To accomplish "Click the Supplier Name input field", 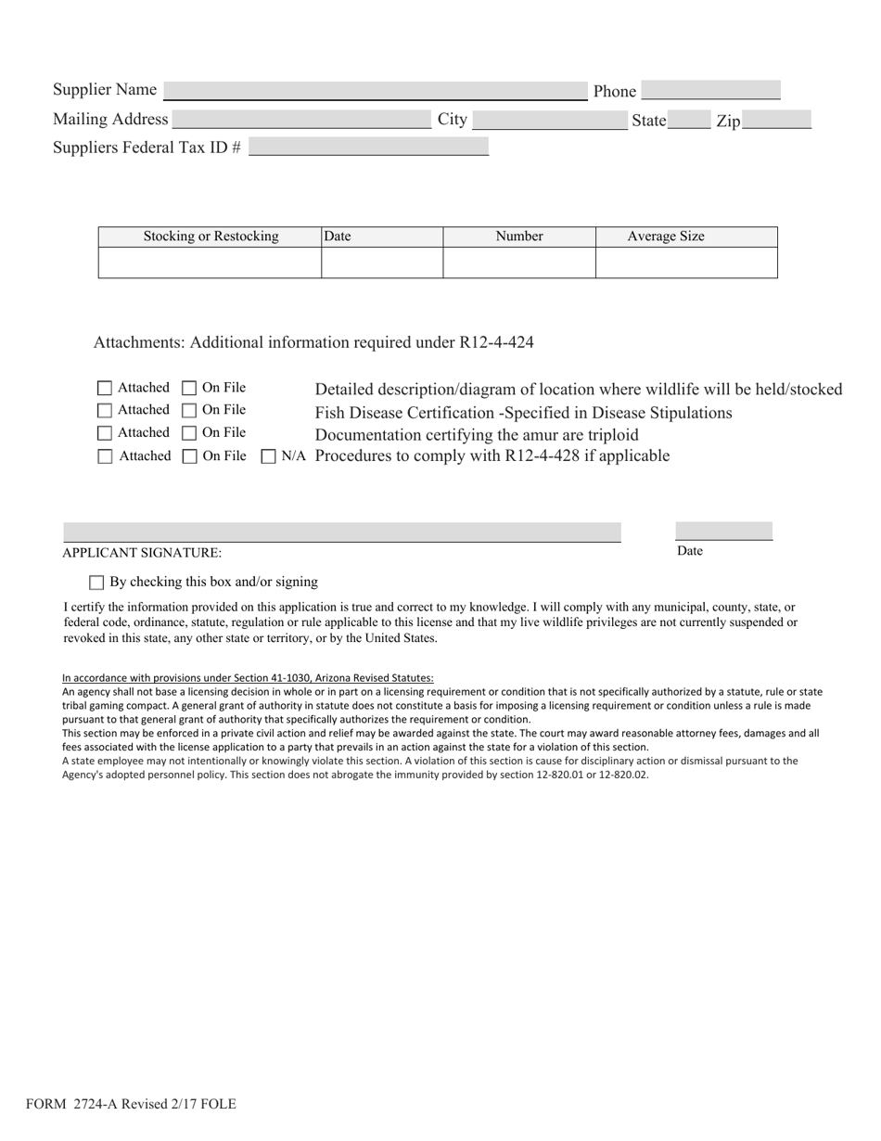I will click(x=375, y=90).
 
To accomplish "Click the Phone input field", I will click(x=710, y=90).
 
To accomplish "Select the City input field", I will click(x=549, y=120).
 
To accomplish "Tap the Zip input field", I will click(x=776, y=120).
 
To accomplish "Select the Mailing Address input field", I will click(x=301, y=120).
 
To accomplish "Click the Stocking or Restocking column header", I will click(x=211, y=237).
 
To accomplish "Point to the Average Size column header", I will click(x=686, y=237).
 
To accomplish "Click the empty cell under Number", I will click(x=518, y=263).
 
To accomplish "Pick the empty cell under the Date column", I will click(x=381, y=263).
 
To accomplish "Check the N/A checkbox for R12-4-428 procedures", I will click(x=269, y=456).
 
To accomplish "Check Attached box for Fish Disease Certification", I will click(x=105, y=410).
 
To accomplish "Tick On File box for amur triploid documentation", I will click(x=189, y=433).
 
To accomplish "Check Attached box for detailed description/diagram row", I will click(x=105, y=388).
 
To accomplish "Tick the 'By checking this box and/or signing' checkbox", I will click(x=96, y=583).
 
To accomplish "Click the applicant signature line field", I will click(x=341, y=532).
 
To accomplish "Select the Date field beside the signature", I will click(x=723, y=531).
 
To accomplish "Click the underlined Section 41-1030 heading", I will click(x=248, y=678).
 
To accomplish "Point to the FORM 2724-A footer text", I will click(x=131, y=1104).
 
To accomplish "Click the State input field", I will click(x=689, y=120).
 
